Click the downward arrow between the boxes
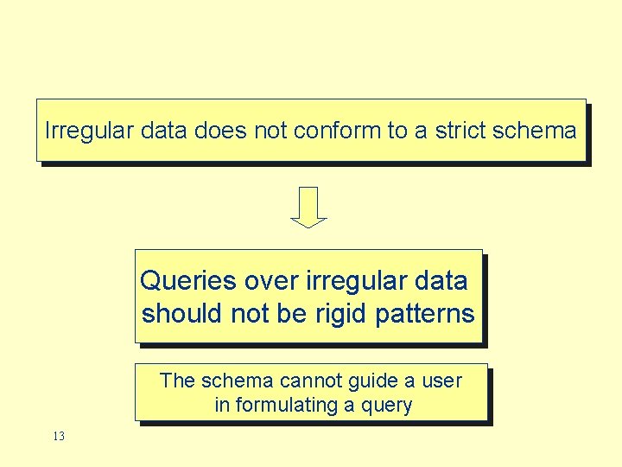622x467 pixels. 308,208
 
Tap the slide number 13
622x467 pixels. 58,437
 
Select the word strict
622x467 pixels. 460,131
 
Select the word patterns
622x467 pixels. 425,313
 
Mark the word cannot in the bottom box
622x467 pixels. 310,381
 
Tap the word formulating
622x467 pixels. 283,405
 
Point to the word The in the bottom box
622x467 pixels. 179,381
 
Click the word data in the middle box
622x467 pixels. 441,281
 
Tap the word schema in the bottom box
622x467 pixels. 239,381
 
